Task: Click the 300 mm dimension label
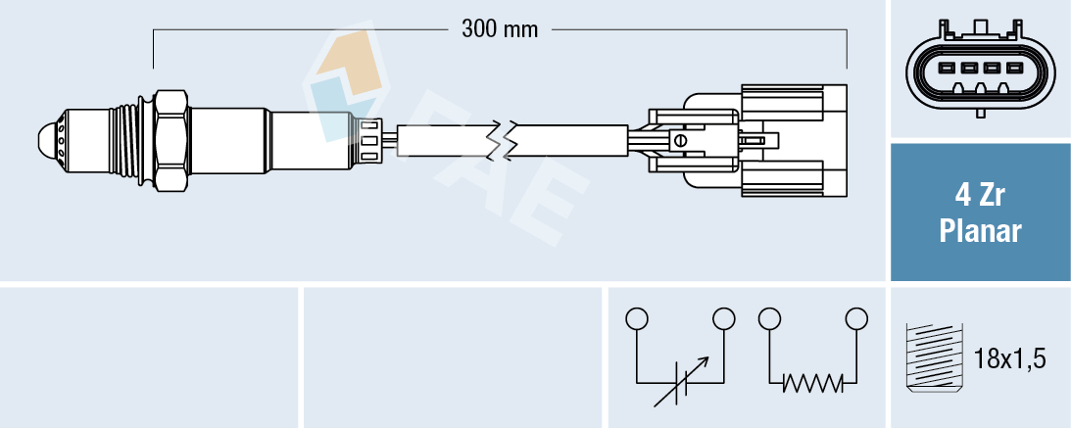[500, 29]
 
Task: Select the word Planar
[980, 231]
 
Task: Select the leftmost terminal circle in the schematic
[637, 318]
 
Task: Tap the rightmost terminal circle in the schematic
[856, 318]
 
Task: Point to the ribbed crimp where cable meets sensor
[369, 141]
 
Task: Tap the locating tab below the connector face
[980, 111]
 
